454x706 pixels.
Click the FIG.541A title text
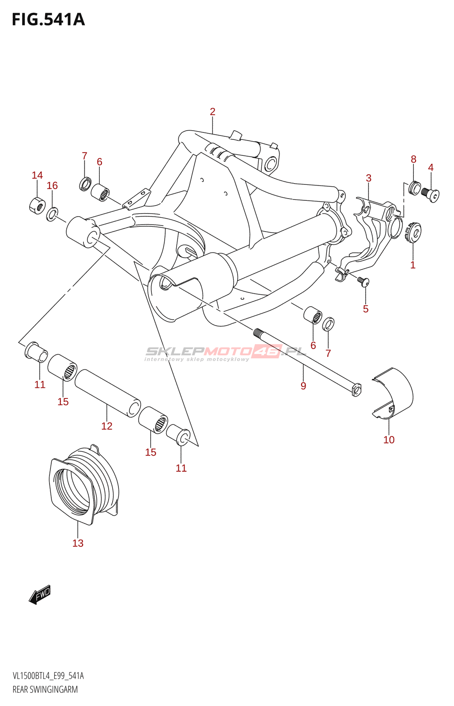click(x=48, y=20)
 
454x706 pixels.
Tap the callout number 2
click(x=212, y=112)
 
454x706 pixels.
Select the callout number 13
click(x=78, y=543)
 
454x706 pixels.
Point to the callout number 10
click(x=389, y=440)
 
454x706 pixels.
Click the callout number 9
click(x=303, y=386)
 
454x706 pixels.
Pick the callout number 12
click(x=107, y=426)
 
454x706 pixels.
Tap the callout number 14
click(x=37, y=176)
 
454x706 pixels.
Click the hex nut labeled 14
click(x=37, y=205)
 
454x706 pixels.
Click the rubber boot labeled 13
click(x=84, y=483)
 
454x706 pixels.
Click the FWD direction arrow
click(x=40, y=595)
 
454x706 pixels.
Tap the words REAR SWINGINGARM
click(x=45, y=690)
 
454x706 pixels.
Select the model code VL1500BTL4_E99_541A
click(x=48, y=676)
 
